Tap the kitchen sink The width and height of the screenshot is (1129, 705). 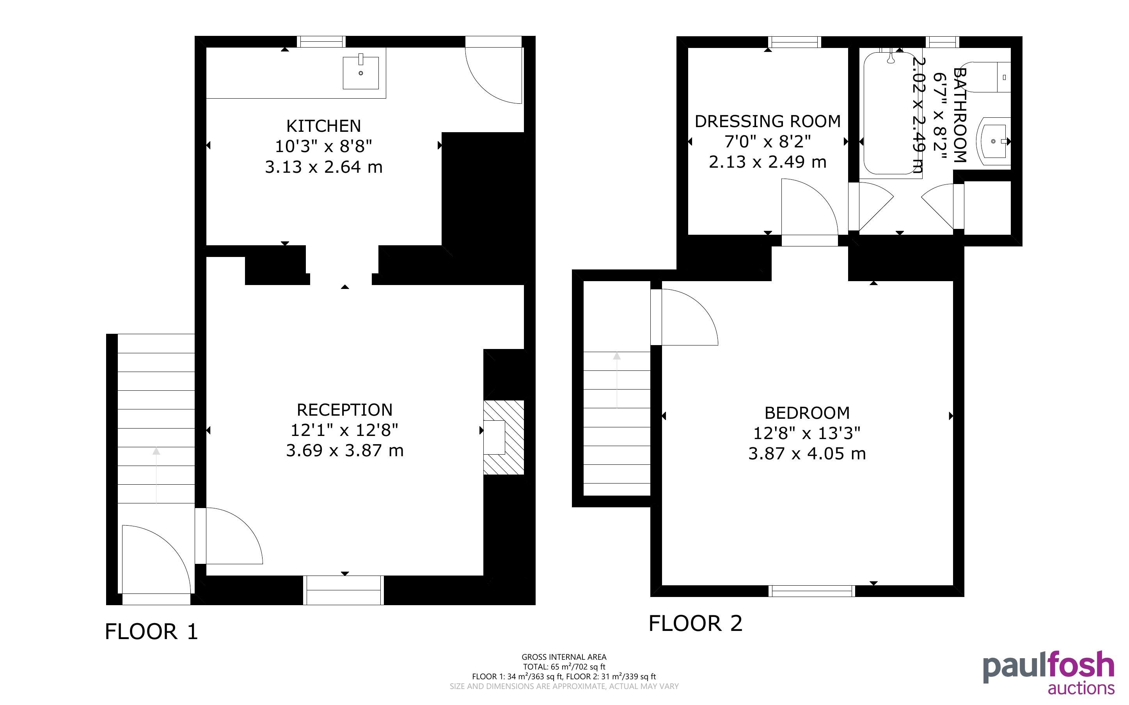tap(360, 72)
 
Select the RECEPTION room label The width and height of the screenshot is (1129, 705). tap(344, 410)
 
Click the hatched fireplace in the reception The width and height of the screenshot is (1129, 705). tap(504, 438)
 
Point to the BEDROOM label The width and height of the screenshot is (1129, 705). tap(807, 413)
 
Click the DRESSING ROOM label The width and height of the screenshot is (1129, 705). tap(768, 121)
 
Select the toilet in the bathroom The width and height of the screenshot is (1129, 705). tap(991, 77)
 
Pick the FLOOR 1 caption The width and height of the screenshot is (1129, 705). tap(151, 632)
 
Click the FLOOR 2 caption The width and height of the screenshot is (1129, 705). tap(695, 624)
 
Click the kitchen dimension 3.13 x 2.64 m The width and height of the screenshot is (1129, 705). tap(324, 167)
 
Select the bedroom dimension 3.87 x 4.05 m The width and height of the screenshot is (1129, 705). tap(807, 453)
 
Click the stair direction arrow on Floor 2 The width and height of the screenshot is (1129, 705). tap(617, 380)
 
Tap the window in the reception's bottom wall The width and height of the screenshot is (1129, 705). tap(344, 590)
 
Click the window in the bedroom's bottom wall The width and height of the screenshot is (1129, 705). tap(812, 591)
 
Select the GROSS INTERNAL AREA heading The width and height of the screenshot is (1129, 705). tap(564, 657)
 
